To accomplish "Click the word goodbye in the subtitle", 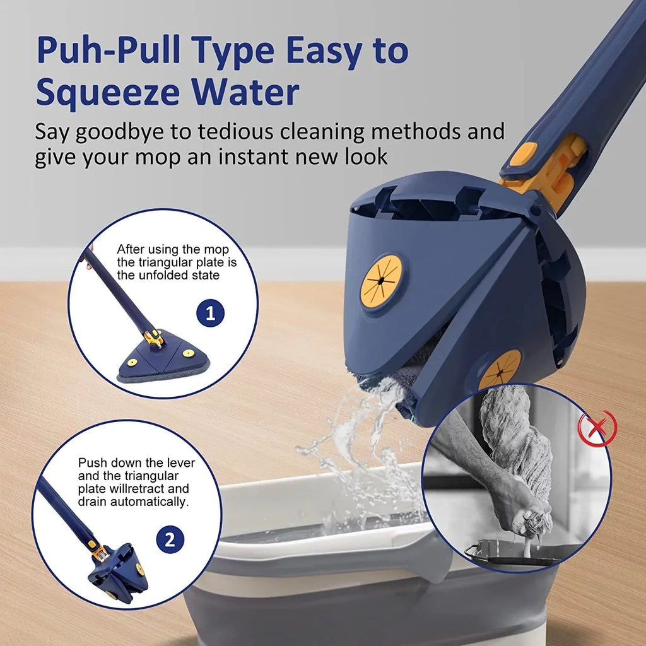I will click(x=130, y=133).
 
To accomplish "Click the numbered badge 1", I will click(x=210, y=313).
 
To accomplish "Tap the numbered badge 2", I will click(x=169, y=540).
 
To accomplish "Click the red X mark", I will click(x=596, y=429).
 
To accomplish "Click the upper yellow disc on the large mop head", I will click(x=381, y=281).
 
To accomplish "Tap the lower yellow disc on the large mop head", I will click(x=500, y=370).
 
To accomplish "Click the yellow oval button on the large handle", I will click(x=523, y=154).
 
